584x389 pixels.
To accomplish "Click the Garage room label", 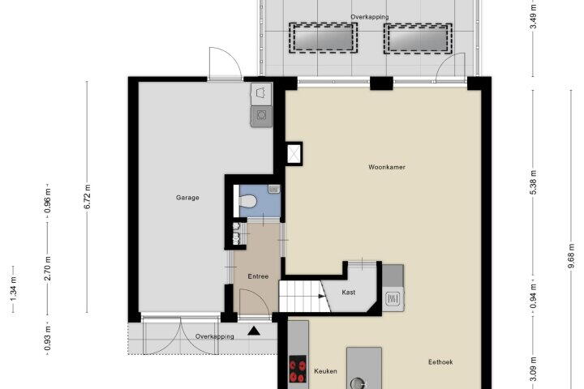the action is (187, 198).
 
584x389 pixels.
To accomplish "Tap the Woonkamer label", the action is (387, 167).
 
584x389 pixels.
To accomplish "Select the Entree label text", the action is (258, 276).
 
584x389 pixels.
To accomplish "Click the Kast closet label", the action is (349, 293).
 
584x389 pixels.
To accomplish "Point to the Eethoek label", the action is (440, 361).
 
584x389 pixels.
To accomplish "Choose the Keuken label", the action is (325, 371).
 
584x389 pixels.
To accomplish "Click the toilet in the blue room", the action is (247, 201).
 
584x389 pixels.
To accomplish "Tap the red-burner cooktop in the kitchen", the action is (298, 369).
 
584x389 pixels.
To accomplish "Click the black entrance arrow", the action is (254, 331).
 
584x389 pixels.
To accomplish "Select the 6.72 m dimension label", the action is (87, 197).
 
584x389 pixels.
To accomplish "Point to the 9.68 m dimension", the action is (571, 256).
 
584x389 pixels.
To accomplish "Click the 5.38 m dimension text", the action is (533, 182).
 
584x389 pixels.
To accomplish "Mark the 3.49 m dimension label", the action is (533, 17).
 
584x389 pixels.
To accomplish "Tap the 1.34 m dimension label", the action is (14, 289).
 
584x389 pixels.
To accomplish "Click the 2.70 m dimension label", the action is (48, 268).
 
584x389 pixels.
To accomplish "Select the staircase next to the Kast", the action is (303, 297).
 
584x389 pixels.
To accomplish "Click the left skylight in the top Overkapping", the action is (323, 38).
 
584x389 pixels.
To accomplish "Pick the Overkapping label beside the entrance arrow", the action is (215, 336).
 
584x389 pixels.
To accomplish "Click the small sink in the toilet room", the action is (274, 189).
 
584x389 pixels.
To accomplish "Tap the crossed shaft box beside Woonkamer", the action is (294, 154).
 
